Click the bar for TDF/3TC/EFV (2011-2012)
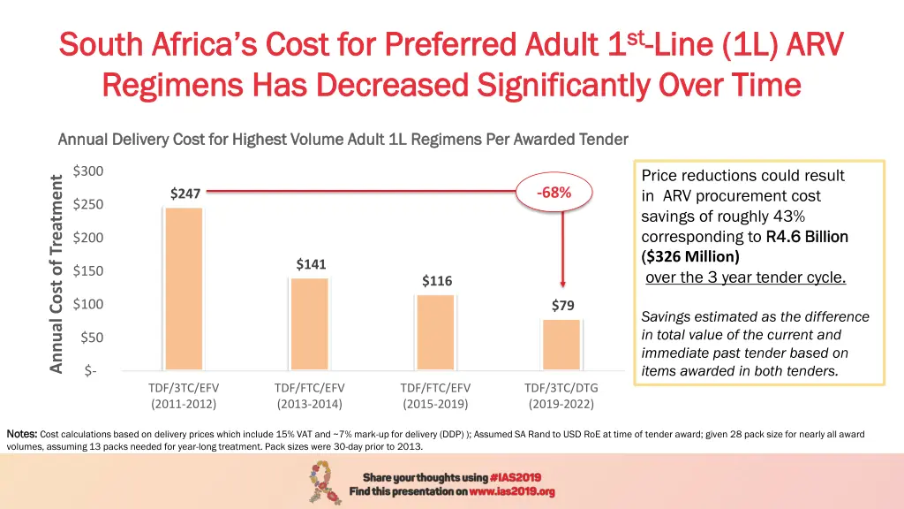(184, 288)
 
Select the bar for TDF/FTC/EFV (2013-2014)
(309, 323)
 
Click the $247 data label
(185, 194)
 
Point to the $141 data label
(311, 263)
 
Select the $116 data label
(436, 281)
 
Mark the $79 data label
(562, 306)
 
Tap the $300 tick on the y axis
(87, 171)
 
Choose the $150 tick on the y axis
(87, 270)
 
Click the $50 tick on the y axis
(90, 338)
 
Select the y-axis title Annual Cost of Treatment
(56, 273)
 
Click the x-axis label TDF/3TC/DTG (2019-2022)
(561, 396)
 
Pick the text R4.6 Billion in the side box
(807, 237)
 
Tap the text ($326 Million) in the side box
(689, 257)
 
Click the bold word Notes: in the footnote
(21, 434)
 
